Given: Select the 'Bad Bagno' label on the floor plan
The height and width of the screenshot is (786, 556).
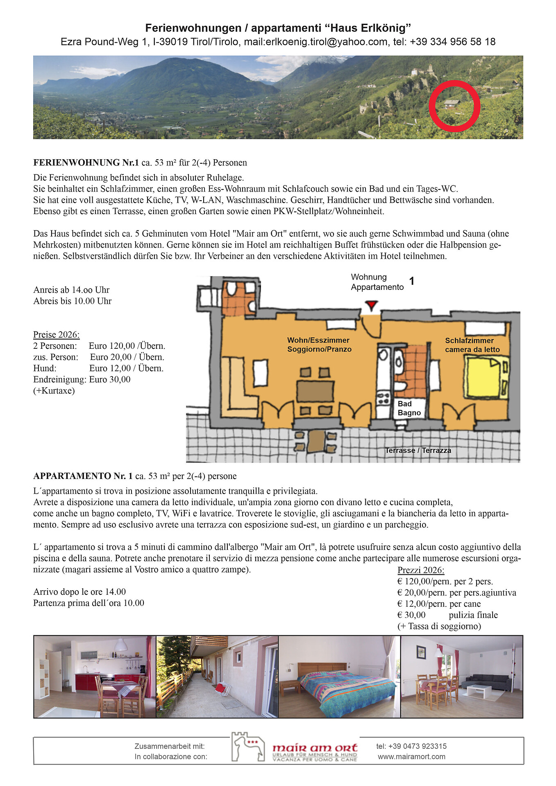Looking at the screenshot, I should [409, 408].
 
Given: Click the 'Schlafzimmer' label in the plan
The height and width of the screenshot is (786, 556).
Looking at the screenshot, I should [470, 341].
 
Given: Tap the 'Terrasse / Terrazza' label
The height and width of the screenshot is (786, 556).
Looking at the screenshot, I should [418, 450].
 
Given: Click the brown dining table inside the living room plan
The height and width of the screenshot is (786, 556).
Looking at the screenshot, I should [315, 391].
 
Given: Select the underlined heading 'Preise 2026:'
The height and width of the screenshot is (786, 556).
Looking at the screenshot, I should [57, 334].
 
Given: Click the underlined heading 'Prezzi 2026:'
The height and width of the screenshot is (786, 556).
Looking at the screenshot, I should [421, 570].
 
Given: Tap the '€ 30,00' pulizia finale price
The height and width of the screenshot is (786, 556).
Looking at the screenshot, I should [411, 615].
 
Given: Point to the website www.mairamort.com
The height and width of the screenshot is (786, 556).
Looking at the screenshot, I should [411, 757].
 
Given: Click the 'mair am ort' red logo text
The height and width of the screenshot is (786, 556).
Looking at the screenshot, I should [315, 748].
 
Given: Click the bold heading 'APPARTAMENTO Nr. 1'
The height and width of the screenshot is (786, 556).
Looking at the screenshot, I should [83, 476].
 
